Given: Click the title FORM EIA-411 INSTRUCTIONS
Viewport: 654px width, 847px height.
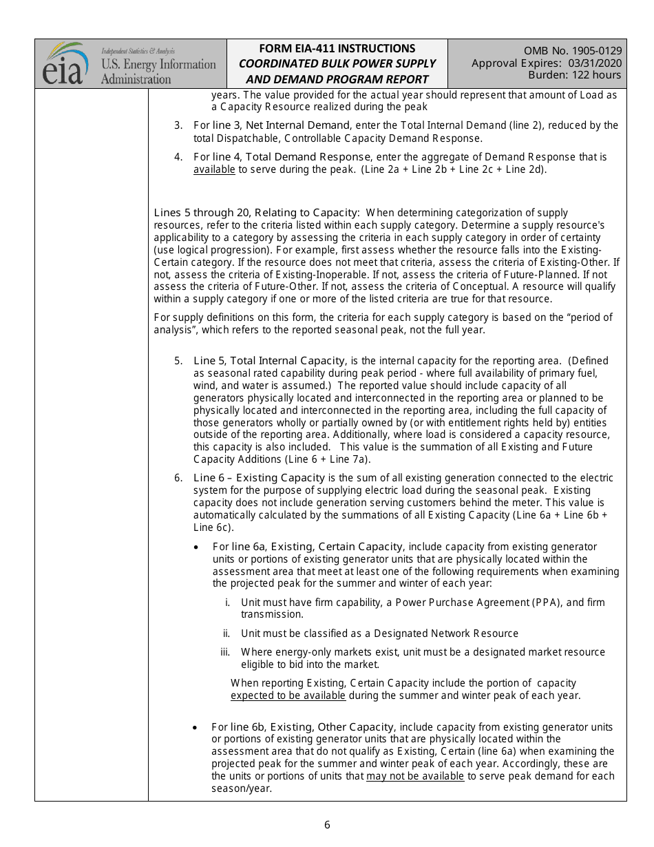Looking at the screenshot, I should coord(337,49).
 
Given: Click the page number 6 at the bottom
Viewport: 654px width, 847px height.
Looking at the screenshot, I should coord(327,825).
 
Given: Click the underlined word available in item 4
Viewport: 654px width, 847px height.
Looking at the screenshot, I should coord(214,169).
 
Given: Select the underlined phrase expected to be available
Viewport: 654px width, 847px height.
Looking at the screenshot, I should coord(288,696).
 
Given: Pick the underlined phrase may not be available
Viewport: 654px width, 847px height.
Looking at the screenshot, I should coord(414,776).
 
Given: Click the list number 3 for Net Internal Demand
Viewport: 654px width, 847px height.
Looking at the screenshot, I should coord(178,125).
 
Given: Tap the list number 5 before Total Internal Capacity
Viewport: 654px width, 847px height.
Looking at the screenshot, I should coord(178,361).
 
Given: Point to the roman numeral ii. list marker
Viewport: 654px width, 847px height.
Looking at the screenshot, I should coord(226,634).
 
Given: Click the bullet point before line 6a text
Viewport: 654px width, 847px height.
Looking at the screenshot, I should coord(197,547).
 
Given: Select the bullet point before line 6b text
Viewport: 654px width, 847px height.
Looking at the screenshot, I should coord(196,727).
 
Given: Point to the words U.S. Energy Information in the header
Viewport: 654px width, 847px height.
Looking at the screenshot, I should coord(158,65).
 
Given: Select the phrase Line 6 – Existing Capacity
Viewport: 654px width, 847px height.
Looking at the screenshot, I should coord(259,478).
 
